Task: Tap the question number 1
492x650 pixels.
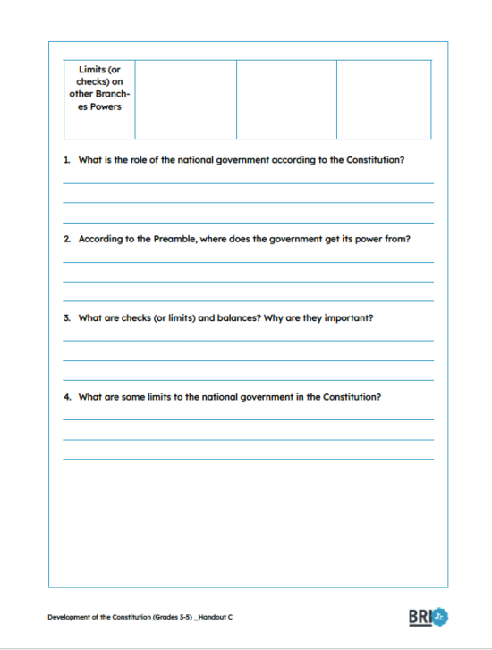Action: (x=66, y=161)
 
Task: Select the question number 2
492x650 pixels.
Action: (x=67, y=240)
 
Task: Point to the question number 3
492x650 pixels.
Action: (x=67, y=318)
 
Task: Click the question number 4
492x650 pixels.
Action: (x=67, y=397)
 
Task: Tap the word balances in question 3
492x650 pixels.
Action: (x=237, y=318)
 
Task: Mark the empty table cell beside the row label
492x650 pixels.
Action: (x=185, y=99)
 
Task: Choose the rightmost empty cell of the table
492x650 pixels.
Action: (x=384, y=99)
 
